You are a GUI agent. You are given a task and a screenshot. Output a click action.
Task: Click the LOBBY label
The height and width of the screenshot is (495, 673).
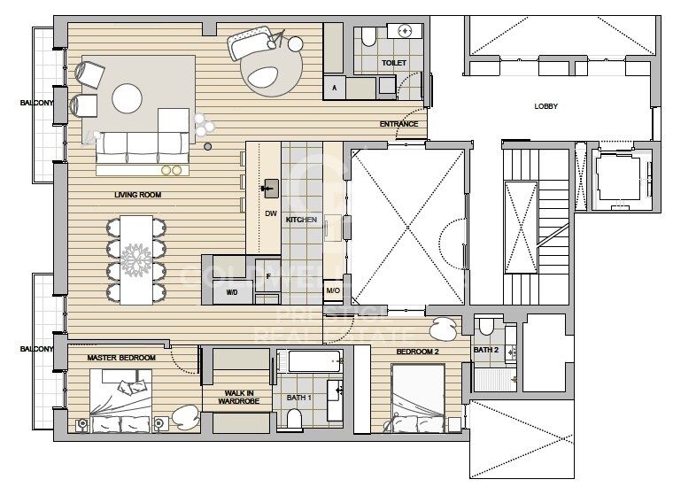[x=545, y=106]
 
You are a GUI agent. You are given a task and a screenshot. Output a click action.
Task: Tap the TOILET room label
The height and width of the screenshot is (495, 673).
[x=394, y=64]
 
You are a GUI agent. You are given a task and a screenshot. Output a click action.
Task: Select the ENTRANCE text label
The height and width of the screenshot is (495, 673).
[x=398, y=124]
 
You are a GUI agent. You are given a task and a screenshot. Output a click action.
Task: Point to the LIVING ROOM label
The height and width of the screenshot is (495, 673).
[x=137, y=195]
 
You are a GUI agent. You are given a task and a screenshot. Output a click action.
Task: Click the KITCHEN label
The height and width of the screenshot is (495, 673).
[x=301, y=219]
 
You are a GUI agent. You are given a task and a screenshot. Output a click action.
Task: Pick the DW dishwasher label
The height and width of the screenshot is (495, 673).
[x=271, y=213]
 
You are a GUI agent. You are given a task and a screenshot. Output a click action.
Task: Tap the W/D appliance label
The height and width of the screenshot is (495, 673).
[x=232, y=291]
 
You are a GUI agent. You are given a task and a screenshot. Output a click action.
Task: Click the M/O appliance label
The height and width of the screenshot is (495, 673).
[x=333, y=291]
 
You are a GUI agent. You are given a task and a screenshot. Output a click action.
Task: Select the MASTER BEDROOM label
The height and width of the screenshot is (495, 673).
[x=121, y=358]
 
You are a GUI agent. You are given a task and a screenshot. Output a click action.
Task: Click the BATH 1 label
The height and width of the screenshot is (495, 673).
[x=299, y=398]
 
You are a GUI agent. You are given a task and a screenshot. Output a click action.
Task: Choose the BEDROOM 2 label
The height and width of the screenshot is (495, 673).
[x=418, y=352]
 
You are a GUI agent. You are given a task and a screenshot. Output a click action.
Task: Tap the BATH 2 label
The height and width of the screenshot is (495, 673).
[x=486, y=351]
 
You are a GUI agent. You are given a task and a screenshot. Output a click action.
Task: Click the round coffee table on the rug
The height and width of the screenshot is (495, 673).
[x=126, y=97]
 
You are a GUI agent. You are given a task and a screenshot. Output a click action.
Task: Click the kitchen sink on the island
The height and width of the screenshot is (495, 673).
[x=270, y=188]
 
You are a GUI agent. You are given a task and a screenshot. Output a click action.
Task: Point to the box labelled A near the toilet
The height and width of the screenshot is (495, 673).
[x=334, y=88]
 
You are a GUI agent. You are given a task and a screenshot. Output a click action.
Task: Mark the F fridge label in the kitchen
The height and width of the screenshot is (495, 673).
[x=268, y=276]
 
